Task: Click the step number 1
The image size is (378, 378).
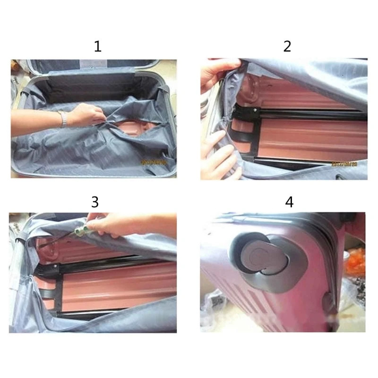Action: click(x=97, y=46)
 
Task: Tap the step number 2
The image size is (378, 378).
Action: click(x=287, y=46)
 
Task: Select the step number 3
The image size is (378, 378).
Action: click(x=95, y=202)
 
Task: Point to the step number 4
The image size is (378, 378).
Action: click(x=289, y=202)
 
